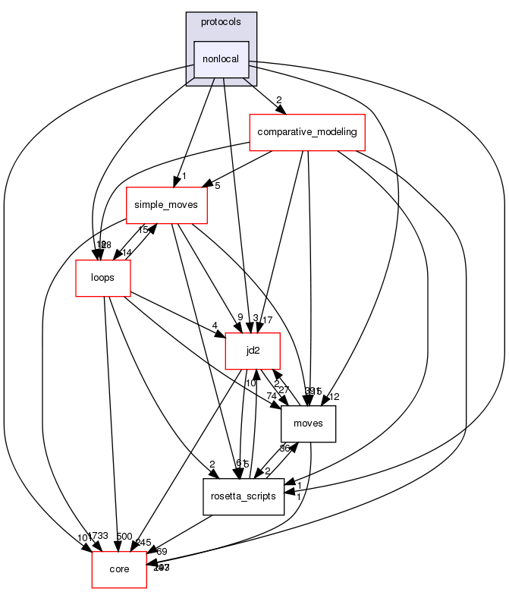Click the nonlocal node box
222,58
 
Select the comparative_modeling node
308,132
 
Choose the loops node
102,278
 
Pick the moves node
308,424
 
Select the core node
119,569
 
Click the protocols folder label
222,21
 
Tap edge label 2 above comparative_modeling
279,100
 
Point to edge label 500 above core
124,537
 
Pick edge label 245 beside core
144,542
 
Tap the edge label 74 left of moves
271,395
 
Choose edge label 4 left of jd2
215,326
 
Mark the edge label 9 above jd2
240,318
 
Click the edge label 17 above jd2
266,320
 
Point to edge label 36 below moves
285,449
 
